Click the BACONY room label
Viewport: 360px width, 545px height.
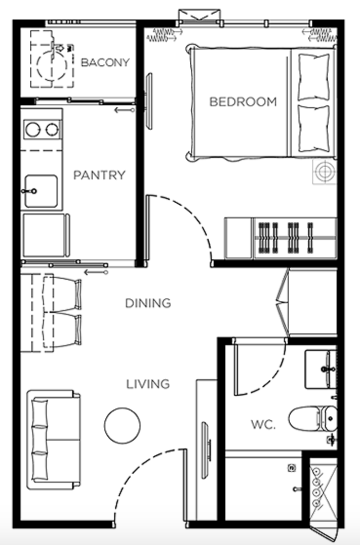coord(105,62)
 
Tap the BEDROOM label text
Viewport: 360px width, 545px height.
coord(243,102)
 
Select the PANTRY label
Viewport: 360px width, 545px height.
coord(99,175)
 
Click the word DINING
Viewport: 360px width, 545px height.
coord(148,303)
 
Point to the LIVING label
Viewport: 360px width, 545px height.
coord(148,384)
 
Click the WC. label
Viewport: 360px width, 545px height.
coord(263,425)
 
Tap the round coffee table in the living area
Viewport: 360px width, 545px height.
coord(122,426)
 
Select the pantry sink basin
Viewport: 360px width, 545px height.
coord(40,191)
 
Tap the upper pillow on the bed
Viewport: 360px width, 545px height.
coord(314,77)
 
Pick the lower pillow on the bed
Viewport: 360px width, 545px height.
coord(314,129)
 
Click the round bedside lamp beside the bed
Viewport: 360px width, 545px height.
coord(324,172)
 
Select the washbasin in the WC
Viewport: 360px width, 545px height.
coord(320,369)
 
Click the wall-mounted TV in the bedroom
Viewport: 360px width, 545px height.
coord(149,101)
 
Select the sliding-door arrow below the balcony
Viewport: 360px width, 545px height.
coord(124,110)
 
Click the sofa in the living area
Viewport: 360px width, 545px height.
coord(54,440)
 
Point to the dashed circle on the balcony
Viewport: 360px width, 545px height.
coord(52,66)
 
